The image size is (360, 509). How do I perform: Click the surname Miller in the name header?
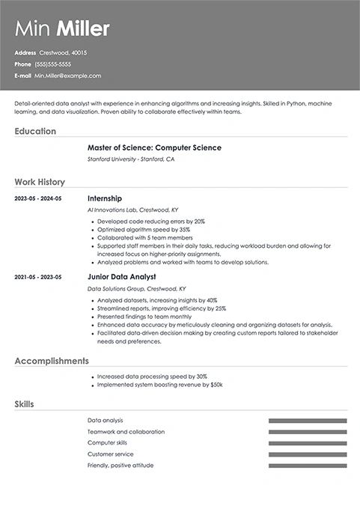84,29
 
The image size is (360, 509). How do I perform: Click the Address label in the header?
25,53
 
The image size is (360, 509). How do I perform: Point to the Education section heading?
35,131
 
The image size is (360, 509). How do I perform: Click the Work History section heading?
40,182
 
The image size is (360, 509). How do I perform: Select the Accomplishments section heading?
52,361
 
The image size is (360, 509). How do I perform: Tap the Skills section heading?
24,404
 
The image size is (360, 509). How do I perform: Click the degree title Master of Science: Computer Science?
154,147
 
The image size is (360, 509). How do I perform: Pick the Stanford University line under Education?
131,159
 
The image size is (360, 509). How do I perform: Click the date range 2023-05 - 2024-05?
38,199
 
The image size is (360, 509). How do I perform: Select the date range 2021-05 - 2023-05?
38,277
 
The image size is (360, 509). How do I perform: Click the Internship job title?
106,198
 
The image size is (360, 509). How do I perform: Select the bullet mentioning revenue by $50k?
159,385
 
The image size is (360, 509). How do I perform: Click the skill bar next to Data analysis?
308,421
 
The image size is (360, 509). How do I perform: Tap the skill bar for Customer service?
308,454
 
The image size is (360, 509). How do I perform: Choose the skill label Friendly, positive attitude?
120,466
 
